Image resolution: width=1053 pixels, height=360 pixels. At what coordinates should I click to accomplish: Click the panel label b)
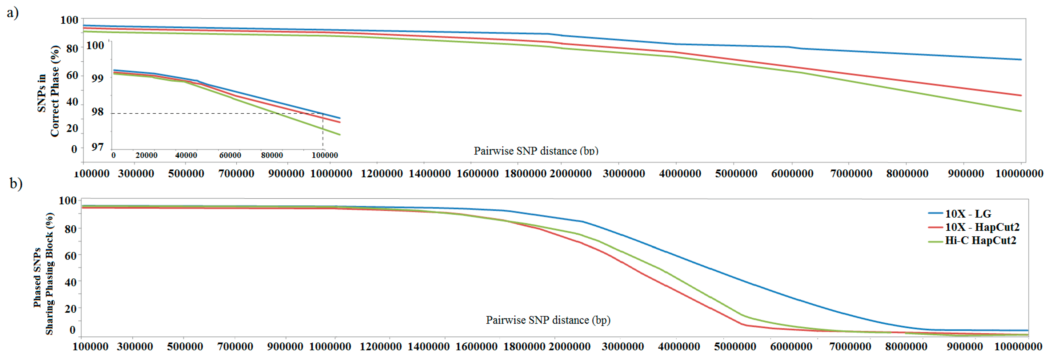pos(16,183)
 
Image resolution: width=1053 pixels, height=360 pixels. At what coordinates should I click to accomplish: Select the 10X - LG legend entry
pos(968,214)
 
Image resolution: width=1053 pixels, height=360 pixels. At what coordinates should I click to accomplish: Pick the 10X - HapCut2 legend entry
pos(981,227)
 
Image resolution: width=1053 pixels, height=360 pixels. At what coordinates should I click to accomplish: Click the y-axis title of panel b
pos(43,274)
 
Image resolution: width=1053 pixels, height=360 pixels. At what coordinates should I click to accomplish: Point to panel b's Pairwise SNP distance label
pos(548,320)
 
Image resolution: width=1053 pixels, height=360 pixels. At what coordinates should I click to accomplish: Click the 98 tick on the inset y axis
pos(97,112)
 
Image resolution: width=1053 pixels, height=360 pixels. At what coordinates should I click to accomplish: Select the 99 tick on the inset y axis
pos(97,78)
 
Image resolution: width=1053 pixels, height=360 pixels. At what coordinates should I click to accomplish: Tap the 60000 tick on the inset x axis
pos(230,155)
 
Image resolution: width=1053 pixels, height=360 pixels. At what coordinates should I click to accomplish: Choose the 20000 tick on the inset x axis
pos(146,155)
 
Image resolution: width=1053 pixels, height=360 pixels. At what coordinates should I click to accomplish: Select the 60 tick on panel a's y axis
pos(72,75)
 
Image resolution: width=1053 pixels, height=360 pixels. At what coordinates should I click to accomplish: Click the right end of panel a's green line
pos(1021,111)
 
